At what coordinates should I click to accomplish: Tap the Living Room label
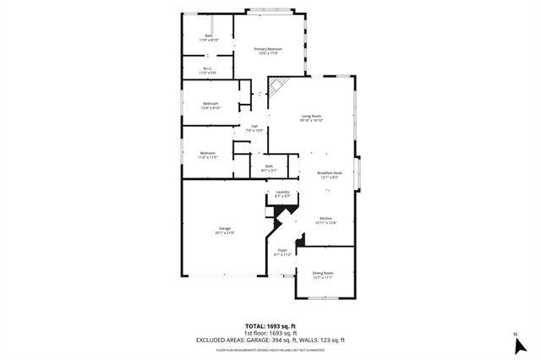point(311,117)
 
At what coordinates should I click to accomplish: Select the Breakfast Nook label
point(329,175)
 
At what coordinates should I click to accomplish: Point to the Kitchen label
point(325,221)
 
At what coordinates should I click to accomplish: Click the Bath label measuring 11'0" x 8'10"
point(209,37)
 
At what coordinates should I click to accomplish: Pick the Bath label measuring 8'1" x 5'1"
point(269,168)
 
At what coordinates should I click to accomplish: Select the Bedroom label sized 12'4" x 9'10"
point(210,106)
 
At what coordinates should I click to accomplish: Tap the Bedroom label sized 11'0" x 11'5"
point(208,155)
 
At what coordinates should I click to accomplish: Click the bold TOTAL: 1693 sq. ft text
point(270,325)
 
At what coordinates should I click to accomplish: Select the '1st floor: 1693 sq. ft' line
point(270,333)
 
